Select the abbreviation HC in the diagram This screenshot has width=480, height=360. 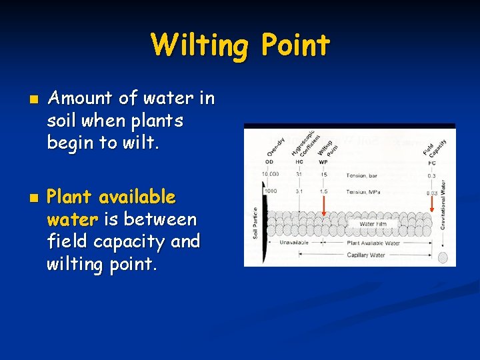(299, 161)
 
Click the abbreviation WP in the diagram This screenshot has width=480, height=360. (323, 161)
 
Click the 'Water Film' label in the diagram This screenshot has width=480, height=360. (373, 224)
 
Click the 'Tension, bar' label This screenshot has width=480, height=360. (361, 175)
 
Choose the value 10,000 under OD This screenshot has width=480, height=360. (270, 175)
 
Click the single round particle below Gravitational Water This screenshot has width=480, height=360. (442, 257)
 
